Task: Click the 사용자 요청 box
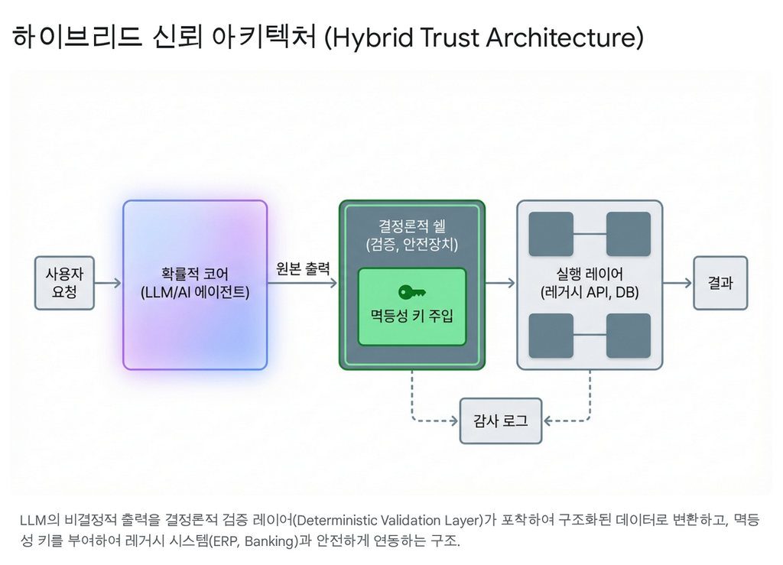[x=64, y=283]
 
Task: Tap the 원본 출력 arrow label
[x=303, y=269]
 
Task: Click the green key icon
[x=412, y=292]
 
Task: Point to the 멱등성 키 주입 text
[x=412, y=316]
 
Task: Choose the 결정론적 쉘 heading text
[x=412, y=226]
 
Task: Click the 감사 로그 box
[x=501, y=421]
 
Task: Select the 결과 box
[x=720, y=283]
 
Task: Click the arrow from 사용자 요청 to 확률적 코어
[x=108, y=283]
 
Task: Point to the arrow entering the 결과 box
[x=677, y=283]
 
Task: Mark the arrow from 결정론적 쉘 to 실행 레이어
[x=500, y=283]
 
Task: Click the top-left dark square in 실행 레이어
[x=551, y=234]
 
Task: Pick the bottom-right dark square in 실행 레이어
[x=629, y=336]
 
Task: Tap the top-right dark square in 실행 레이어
[x=629, y=234]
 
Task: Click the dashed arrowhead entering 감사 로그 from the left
[x=454, y=421]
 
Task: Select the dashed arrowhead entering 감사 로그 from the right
[x=547, y=421]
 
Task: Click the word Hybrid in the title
[x=373, y=37]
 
